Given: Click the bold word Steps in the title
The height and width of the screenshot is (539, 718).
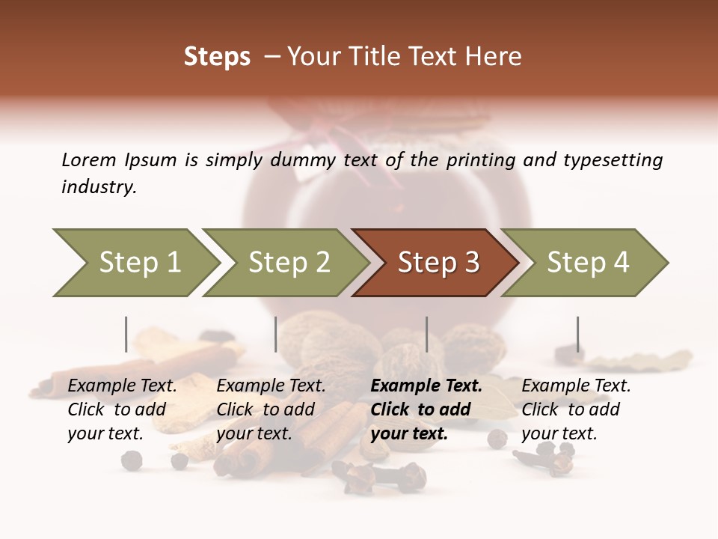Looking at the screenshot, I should pos(217,57).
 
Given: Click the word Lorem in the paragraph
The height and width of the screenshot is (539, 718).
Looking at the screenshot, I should pos(88,160).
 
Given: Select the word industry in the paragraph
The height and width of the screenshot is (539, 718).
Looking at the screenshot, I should pos(99,187).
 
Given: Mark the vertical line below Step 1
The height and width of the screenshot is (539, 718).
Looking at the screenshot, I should pos(126,334).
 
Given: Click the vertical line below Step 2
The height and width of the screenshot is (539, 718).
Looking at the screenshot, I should pos(276,334).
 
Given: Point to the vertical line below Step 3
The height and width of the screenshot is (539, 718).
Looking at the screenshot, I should pos(426,334).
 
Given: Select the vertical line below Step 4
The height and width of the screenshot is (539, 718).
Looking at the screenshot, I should pos(577,334).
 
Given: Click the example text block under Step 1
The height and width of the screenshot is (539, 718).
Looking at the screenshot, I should pos(122,409).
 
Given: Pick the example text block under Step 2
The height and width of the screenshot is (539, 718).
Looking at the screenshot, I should pos(271,409).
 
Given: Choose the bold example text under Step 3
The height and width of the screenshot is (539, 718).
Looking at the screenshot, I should pos(426,409).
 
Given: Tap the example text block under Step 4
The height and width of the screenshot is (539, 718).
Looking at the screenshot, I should pos(576,409).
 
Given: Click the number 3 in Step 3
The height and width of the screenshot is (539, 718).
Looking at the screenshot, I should pos(471,263).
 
